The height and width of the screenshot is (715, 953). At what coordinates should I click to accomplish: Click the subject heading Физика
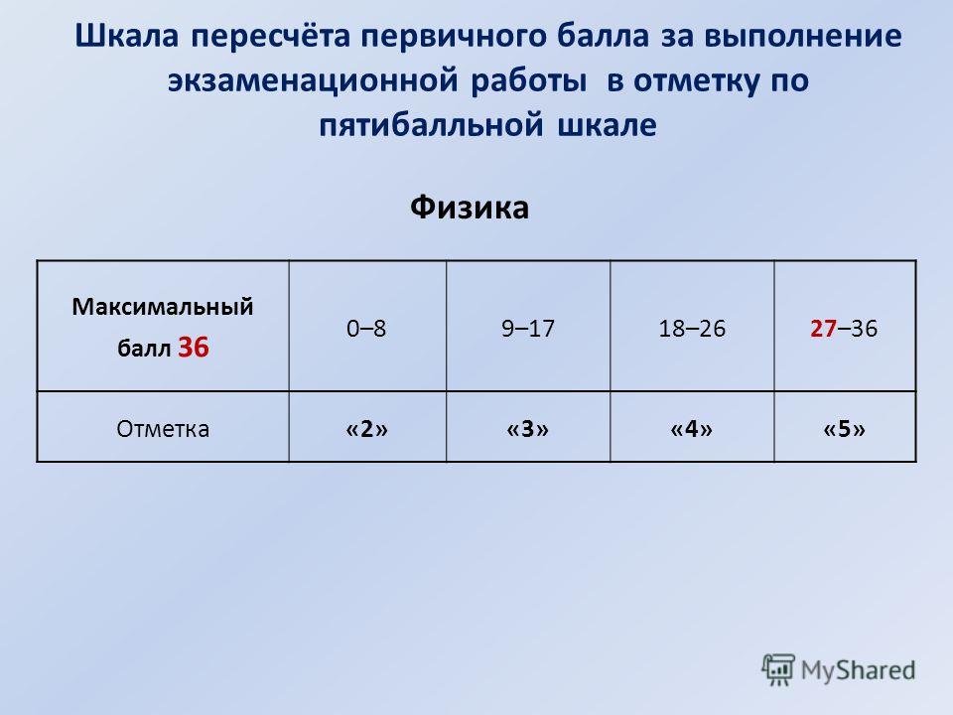[470, 208]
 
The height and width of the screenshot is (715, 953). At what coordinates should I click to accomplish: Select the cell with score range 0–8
[367, 326]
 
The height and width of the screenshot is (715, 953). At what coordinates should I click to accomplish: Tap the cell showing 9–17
[528, 326]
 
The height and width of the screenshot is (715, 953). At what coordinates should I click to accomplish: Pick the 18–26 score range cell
[692, 326]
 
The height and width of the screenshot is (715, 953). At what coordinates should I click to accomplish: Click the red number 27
[824, 329]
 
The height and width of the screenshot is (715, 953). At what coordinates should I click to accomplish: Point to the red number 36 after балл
[194, 348]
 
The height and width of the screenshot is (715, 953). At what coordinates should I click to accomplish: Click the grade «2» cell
[367, 427]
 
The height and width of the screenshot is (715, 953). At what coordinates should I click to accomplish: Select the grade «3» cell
[528, 427]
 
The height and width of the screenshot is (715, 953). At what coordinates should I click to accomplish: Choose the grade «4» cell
[692, 427]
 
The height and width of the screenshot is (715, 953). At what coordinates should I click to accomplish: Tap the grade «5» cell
[845, 427]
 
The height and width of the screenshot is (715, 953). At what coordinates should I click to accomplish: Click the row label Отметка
[163, 429]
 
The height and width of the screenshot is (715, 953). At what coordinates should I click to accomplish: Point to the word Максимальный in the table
[163, 307]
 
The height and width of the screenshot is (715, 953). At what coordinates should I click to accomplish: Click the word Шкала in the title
[126, 37]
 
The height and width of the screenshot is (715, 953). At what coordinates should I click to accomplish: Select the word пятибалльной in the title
[431, 125]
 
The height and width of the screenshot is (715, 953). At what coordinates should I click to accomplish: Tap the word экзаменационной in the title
[313, 80]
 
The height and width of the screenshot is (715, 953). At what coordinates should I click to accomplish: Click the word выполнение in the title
[803, 37]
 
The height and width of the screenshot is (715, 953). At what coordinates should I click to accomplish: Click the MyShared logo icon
[778, 669]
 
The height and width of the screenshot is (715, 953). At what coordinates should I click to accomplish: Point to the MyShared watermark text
[858, 670]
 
